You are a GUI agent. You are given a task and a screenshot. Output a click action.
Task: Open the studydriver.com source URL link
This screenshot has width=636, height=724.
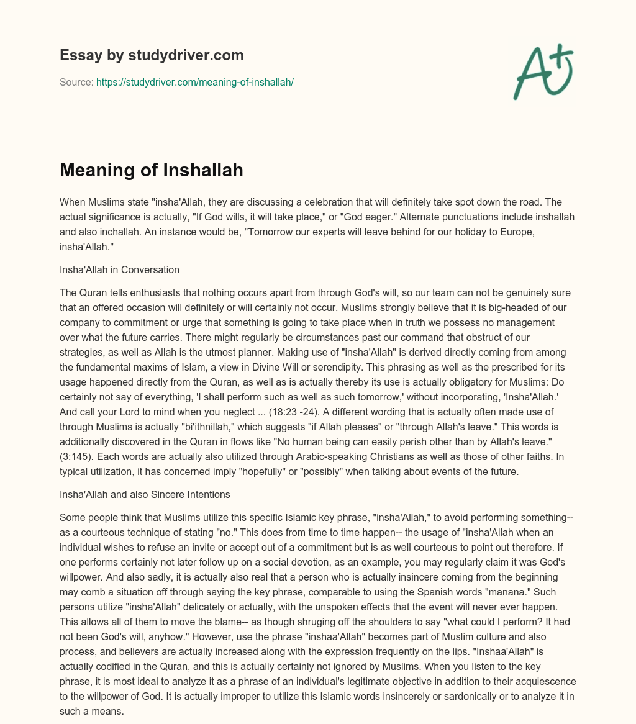pyautogui.click(x=194, y=82)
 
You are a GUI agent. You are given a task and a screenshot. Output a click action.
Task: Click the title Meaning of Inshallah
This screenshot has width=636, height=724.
pyautogui.click(x=151, y=170)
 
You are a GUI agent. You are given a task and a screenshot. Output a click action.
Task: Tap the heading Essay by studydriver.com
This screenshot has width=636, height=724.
pyautogui.click(x=152, y=55)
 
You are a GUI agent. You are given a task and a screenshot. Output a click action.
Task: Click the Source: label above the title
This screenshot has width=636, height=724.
pyautogui.click(x=76, y=82)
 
